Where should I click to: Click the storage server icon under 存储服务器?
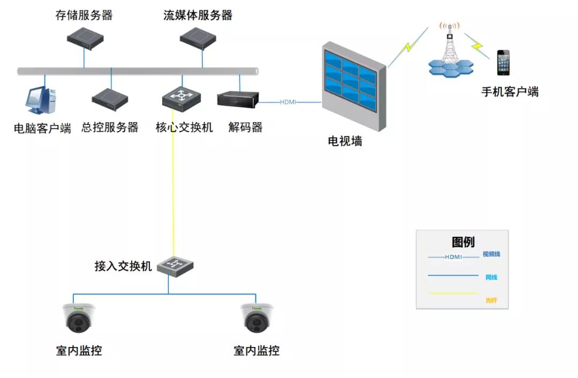pos(84,39)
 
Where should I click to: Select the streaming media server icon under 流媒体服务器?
pos(197,38)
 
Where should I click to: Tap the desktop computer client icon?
pos(41,101)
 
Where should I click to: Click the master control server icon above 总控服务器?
pos(110,97)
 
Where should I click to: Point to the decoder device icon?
pos(238,99)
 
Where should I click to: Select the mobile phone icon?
pos(503,63)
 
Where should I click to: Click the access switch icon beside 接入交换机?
pos(174,265)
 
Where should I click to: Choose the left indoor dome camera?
pos(78,318)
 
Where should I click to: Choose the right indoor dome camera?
pos(256,318)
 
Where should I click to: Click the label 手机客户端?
pos(509,92)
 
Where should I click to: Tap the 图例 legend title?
pos(463,242)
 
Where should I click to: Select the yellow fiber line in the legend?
pos(453,293)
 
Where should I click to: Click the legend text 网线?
pos(491,277)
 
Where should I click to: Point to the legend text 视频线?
pos(491,254)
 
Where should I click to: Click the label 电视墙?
pos(345,141)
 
